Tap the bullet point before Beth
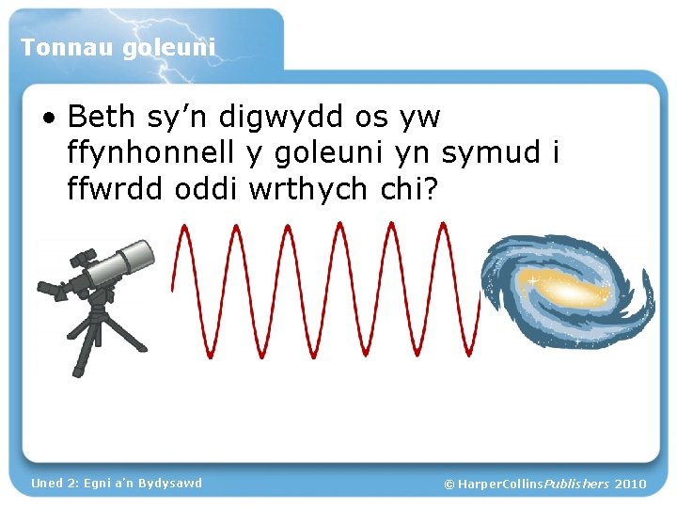[48, 119]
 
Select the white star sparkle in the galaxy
[532, 281]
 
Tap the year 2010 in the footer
[630, 484]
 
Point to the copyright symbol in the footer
[449, 484]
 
